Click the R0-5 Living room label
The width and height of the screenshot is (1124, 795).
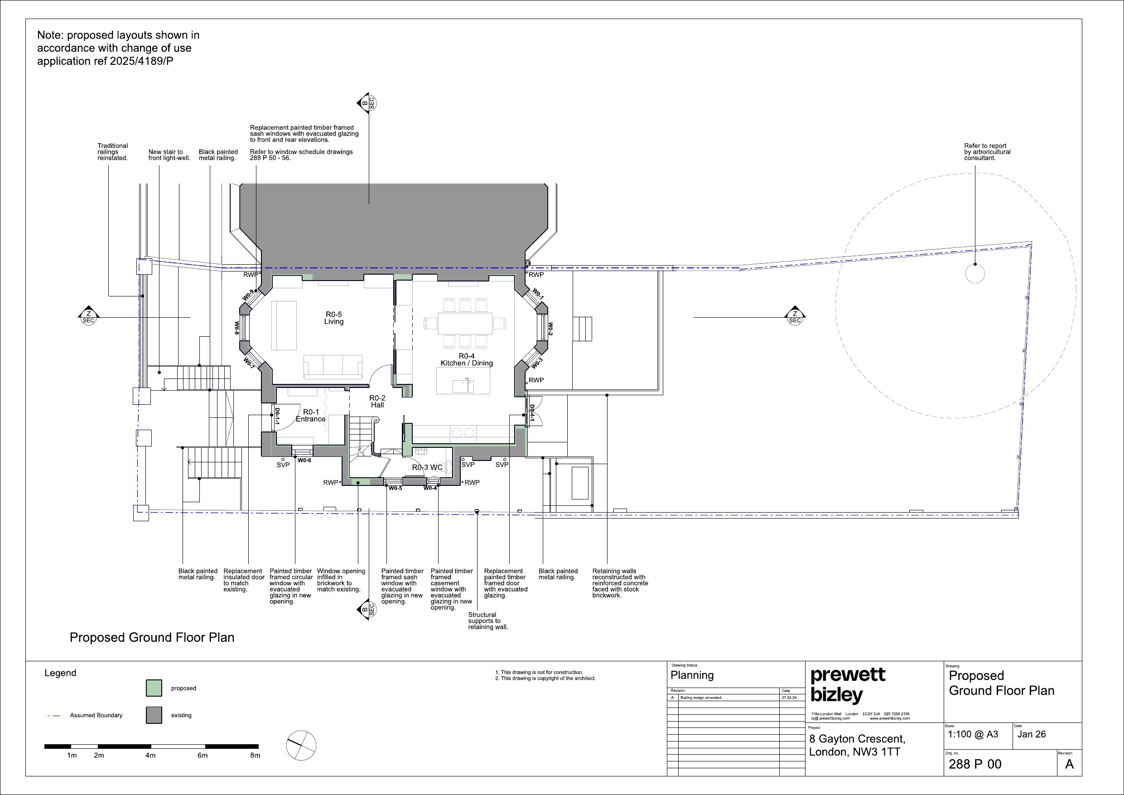pos(334,318)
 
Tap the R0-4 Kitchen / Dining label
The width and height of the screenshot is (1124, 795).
pos(467,359)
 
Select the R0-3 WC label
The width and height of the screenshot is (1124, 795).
pos(427,467)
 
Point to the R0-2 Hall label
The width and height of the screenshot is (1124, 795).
pos(377,402)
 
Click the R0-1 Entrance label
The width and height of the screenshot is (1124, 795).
pos(311,415)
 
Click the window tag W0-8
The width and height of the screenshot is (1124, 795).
pos(236,328)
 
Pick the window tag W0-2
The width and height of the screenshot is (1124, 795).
pos(550,329)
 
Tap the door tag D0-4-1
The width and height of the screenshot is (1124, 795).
pos(532,413)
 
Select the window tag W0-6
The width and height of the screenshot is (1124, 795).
pos(304,461)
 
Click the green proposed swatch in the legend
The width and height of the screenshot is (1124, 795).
pos(154,688)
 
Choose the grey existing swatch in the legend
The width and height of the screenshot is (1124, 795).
pos(154,715)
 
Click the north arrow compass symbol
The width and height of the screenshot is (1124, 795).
pos(301,745)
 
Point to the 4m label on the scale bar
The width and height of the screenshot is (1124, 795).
pos(150,755)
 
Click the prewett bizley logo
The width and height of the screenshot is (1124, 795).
pos(848,685)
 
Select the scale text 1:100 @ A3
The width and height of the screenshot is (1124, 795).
pos(973,734)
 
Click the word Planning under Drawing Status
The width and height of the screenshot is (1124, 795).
pos(692,675)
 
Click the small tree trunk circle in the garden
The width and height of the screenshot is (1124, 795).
pos(974,273)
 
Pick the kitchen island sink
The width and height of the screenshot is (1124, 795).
pos(463,386)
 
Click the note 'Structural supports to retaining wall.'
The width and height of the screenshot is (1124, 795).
pos(488,620)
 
